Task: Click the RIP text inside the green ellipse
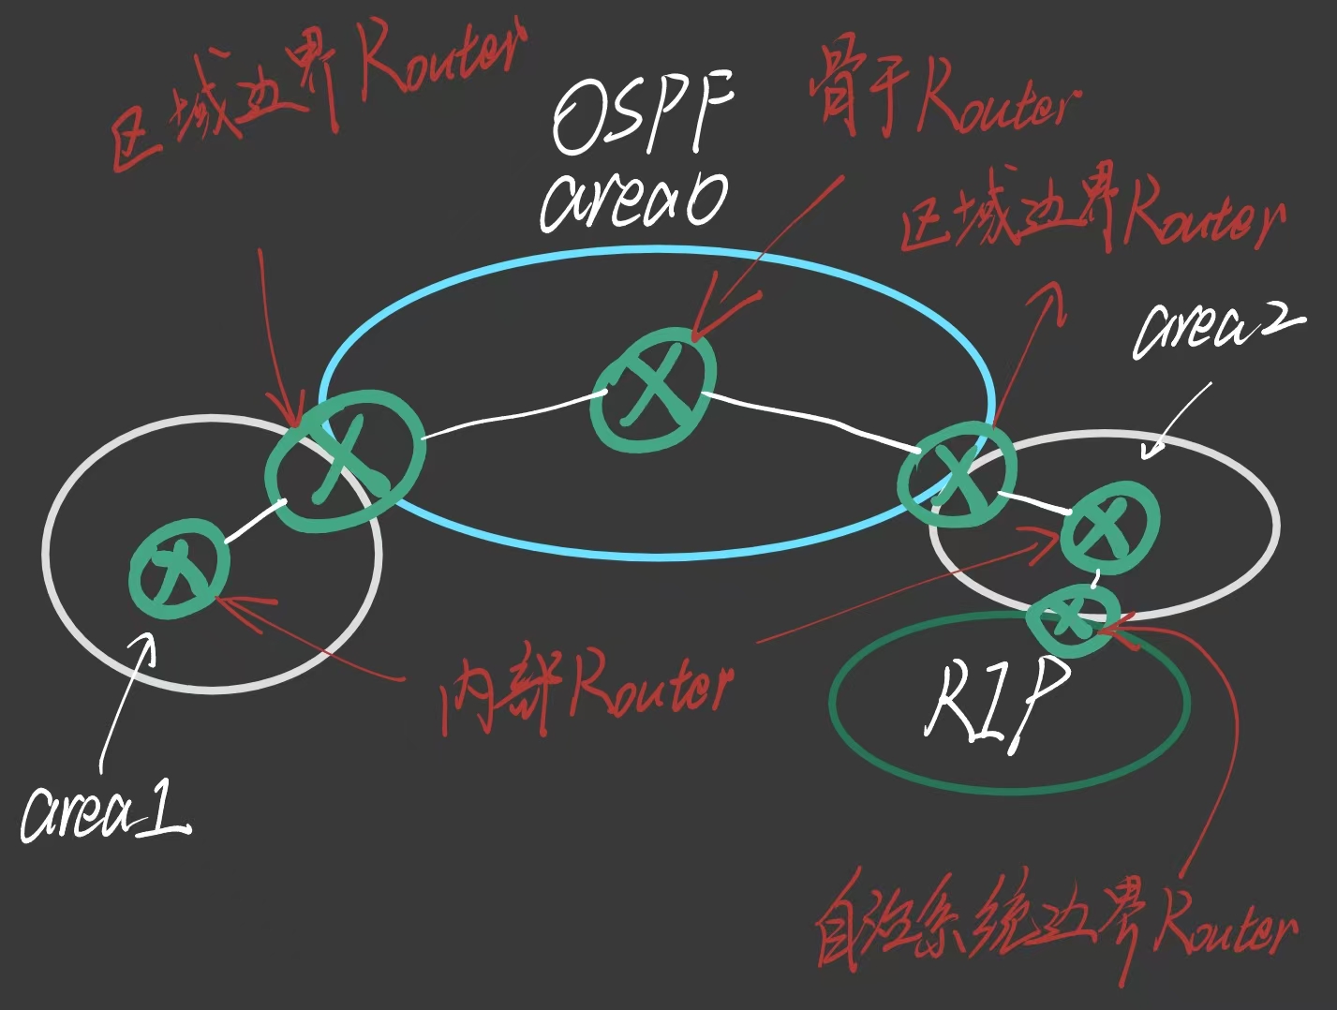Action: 997,704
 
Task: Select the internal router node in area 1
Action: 179,568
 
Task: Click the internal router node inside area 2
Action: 1110,527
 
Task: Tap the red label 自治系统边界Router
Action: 1054,928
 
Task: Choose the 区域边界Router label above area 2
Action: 1092,219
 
